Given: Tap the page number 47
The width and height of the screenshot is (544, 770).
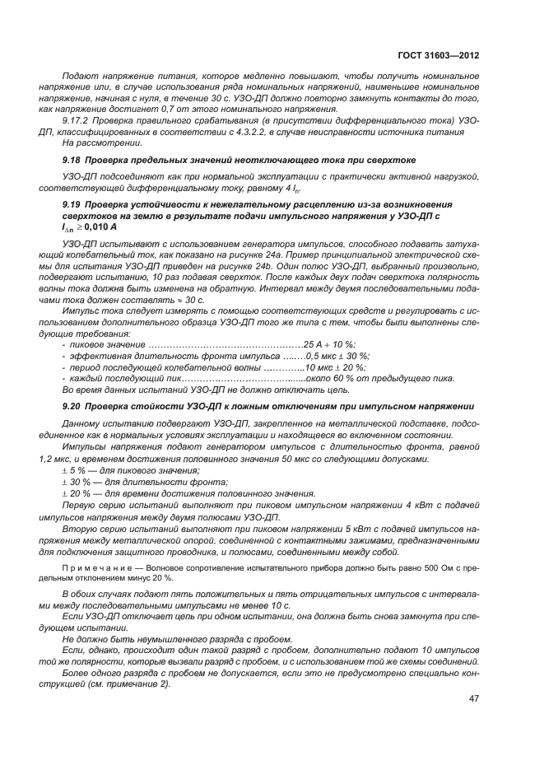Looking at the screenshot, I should (472, 698).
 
